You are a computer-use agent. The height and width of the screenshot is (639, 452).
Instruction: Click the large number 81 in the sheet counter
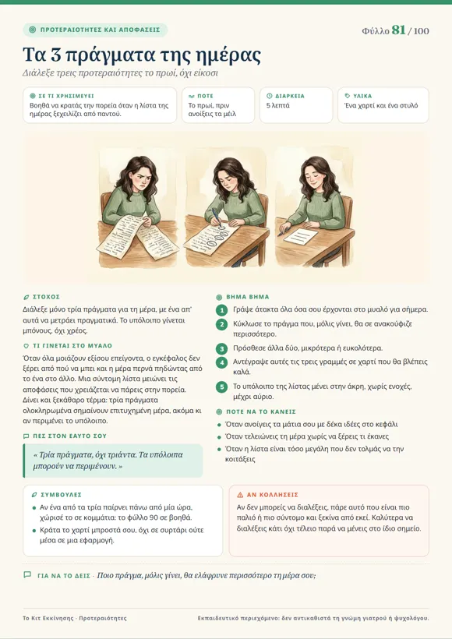click(x=398, y=30)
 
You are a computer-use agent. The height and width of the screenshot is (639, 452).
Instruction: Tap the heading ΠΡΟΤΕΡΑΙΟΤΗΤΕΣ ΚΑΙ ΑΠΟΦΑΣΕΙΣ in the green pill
click(x=101, y=30)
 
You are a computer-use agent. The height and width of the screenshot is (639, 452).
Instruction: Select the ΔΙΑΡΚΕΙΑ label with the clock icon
click(x=290, y=96)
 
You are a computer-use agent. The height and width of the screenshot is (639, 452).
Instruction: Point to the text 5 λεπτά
click(x=278, y=105)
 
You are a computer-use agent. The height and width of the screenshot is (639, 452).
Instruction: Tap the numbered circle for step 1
click(x=222, y=310)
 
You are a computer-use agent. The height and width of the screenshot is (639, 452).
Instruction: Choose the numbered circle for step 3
click(x=222, y=349)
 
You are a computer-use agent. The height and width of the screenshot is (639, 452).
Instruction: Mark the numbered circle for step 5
click(x=222, y=387)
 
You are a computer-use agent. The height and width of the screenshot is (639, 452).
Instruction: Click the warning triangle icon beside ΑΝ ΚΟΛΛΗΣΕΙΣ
click(x=240, y=495)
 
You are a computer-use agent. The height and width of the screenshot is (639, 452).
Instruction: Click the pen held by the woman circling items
click(x=217, y=217)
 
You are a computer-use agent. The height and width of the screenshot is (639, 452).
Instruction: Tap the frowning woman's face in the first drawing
click(x=133, y=178)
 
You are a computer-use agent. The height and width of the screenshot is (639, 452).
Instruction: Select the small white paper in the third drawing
click(x=300, y=236)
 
